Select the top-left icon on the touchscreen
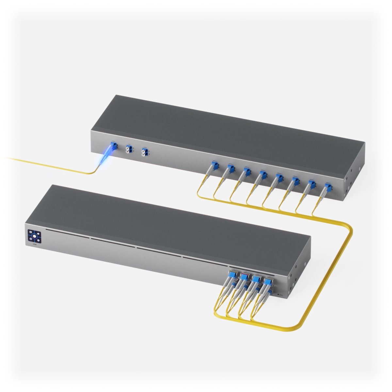(x=30, y=232)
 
